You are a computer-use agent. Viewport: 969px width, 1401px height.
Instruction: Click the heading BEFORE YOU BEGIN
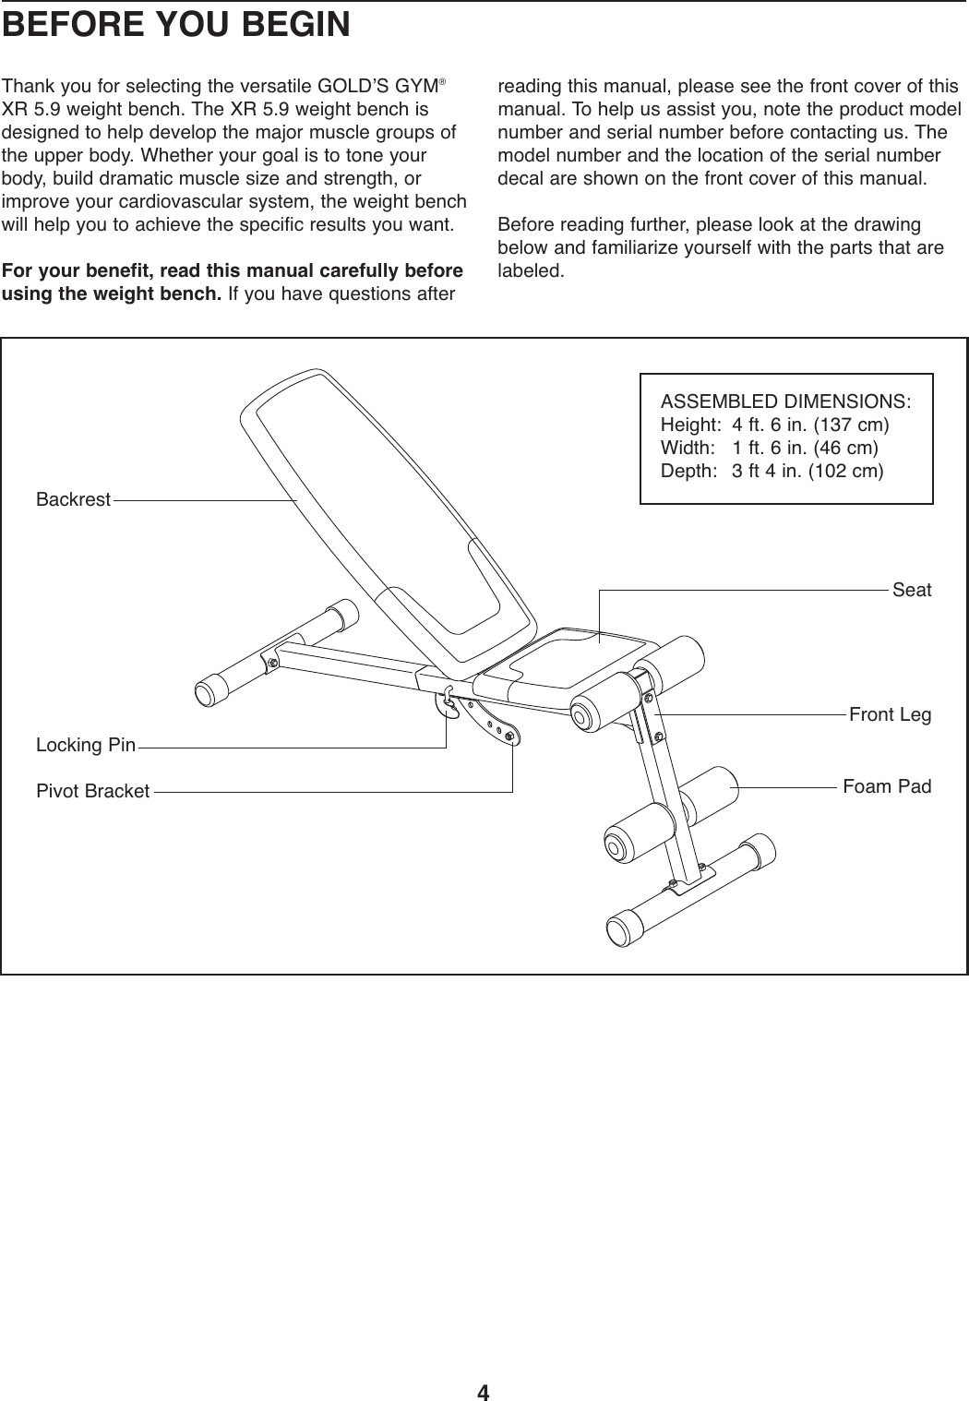176,25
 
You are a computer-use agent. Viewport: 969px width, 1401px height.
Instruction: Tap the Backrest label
73,500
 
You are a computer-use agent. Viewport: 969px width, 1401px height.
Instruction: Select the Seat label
912,590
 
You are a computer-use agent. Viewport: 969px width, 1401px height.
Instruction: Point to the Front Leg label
890,715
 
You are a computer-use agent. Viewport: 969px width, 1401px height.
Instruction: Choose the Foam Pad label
887,786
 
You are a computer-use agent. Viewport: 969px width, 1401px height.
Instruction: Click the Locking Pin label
86,745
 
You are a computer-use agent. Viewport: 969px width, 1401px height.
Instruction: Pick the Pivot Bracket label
92,792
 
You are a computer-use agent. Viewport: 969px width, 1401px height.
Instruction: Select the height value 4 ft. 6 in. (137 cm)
810,426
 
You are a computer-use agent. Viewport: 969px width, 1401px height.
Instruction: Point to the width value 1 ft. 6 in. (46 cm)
805,449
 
